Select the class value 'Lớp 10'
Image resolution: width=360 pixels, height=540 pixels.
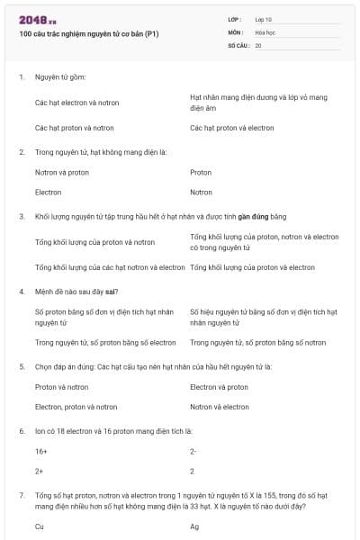[265, 19]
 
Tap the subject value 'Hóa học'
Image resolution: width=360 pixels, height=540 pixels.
[266, 31]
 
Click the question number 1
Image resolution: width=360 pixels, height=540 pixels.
[21, 77]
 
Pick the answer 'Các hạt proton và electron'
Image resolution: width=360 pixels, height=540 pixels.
[232, 128]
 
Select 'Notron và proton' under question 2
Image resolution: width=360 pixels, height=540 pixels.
[62, 172]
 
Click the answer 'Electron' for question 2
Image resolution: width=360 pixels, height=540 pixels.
[49, 192]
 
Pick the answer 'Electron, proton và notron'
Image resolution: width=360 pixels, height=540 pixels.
[76, 407]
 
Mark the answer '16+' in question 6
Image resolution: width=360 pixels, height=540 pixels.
[41, 451]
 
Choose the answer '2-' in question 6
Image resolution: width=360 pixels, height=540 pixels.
[193, 451]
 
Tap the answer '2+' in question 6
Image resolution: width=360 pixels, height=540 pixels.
[40, 471]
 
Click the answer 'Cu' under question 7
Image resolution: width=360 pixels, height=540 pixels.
[40, 526]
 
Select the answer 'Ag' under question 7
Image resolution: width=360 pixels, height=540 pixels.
[194, 526]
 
